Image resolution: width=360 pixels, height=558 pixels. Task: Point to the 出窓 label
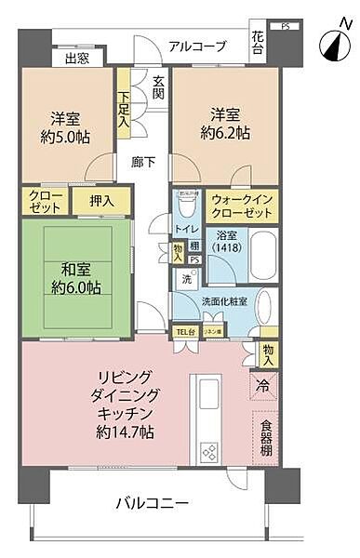pyautogui.click(x=77, y=60)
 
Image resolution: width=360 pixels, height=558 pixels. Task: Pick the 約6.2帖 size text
pyautogui.click(x=229, y=133)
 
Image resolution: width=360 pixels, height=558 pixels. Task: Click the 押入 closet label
pyautogui.click(x=102, y=199)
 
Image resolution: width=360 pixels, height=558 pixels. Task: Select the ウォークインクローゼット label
pyautogui.click(x=242, y=206)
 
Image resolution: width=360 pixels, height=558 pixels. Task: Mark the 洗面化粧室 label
pyautogui.click(x=223, y=303)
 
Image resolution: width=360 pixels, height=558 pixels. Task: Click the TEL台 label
pyautogui.click(x=186, y=331)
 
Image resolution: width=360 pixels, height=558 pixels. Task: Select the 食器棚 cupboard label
pyautogui.click(x=266, y=438)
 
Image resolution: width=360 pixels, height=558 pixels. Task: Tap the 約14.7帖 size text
pyautogui.click(x=124, y=432)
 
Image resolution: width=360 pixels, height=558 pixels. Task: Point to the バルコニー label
pyautogui.click(x=153, y=503)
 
